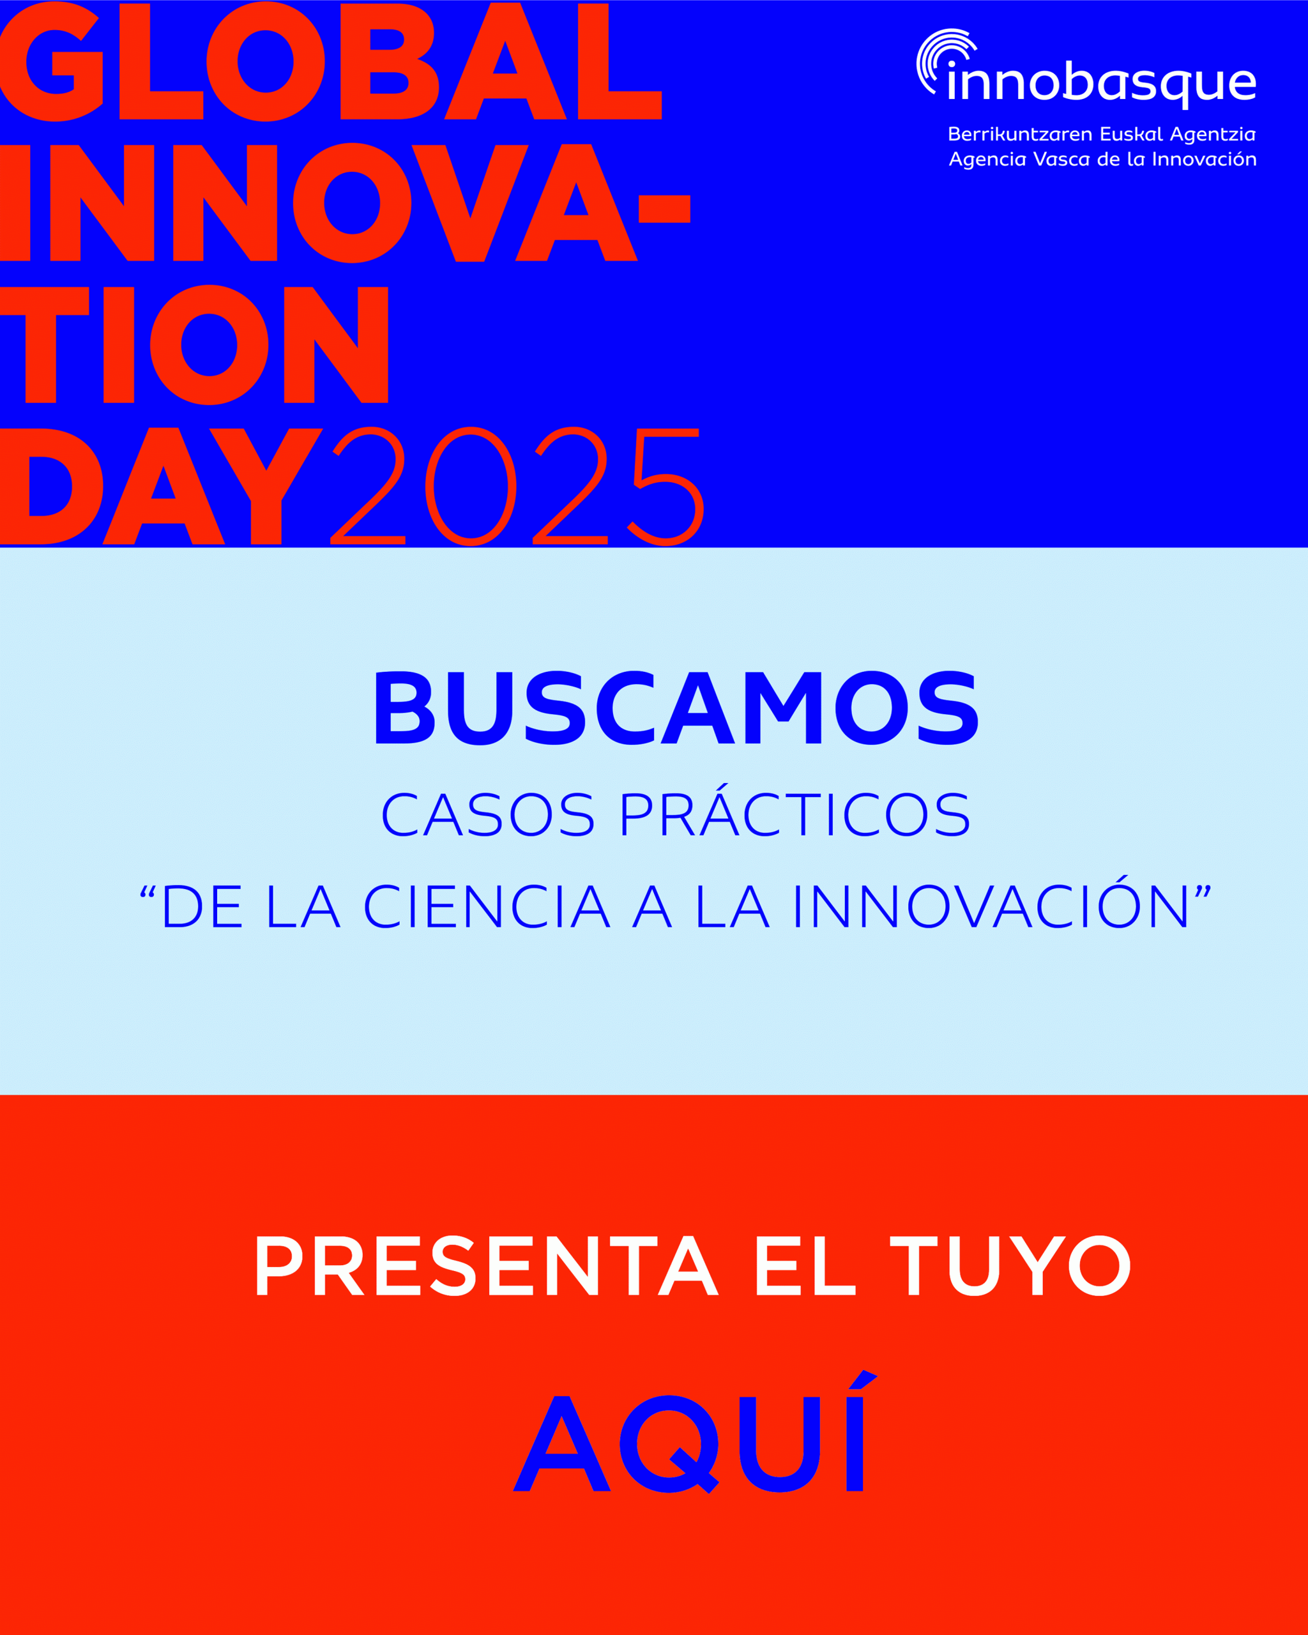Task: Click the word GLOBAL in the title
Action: coord(331,61)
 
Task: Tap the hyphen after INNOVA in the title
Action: coord(664,209)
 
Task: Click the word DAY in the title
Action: coord(162,486)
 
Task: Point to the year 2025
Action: coord(518,486)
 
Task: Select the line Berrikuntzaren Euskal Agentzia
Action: coord(1102,135)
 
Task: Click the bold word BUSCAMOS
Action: coord(676,708)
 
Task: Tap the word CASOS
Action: coord(487,814)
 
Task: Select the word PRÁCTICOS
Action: coord(795,810)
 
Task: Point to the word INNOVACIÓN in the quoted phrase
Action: coord(992,902)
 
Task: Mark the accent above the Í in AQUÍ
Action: coord(863,1380)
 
